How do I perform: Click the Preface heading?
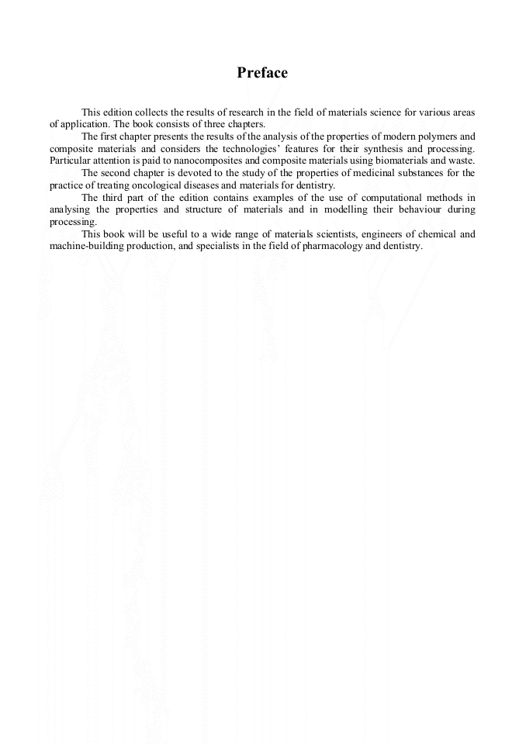pyautogui.click(x=262, y=73)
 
